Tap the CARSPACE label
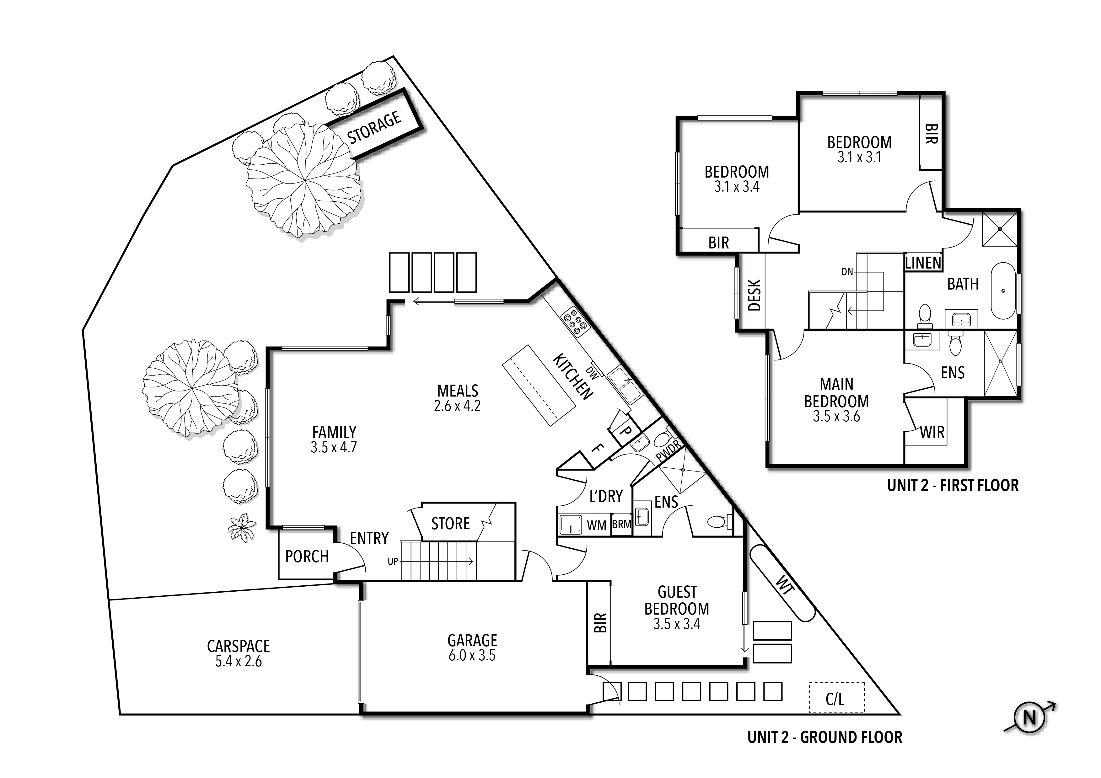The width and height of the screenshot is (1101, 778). coord(238,646)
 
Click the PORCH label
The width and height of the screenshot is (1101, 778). coord(307,557)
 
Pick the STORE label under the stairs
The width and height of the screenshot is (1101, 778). coord(450,524)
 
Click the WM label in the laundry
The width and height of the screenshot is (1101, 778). coord(597,525)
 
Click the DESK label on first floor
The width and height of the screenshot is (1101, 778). coord(754,295)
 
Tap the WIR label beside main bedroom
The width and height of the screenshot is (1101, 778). coord(932,432)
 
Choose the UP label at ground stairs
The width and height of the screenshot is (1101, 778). coord(393,561)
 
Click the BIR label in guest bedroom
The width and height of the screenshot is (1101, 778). coord(601,623)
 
